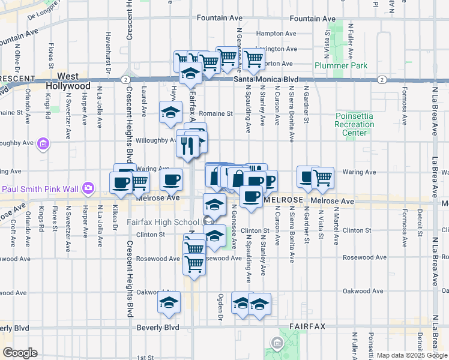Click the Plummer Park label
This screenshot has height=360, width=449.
click(335, 64)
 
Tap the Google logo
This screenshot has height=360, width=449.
click(19, 352)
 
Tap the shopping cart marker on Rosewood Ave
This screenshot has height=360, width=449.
click(194, 263)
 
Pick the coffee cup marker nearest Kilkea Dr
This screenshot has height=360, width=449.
click(121, 182)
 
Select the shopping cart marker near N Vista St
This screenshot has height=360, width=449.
click(322, 176)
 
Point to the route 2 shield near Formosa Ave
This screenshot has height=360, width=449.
click(381, 79)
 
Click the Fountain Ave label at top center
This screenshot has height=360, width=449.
click(313, 19)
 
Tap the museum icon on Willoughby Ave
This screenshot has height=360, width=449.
click(43, 143)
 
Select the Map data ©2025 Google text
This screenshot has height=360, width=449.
click(411, 355)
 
